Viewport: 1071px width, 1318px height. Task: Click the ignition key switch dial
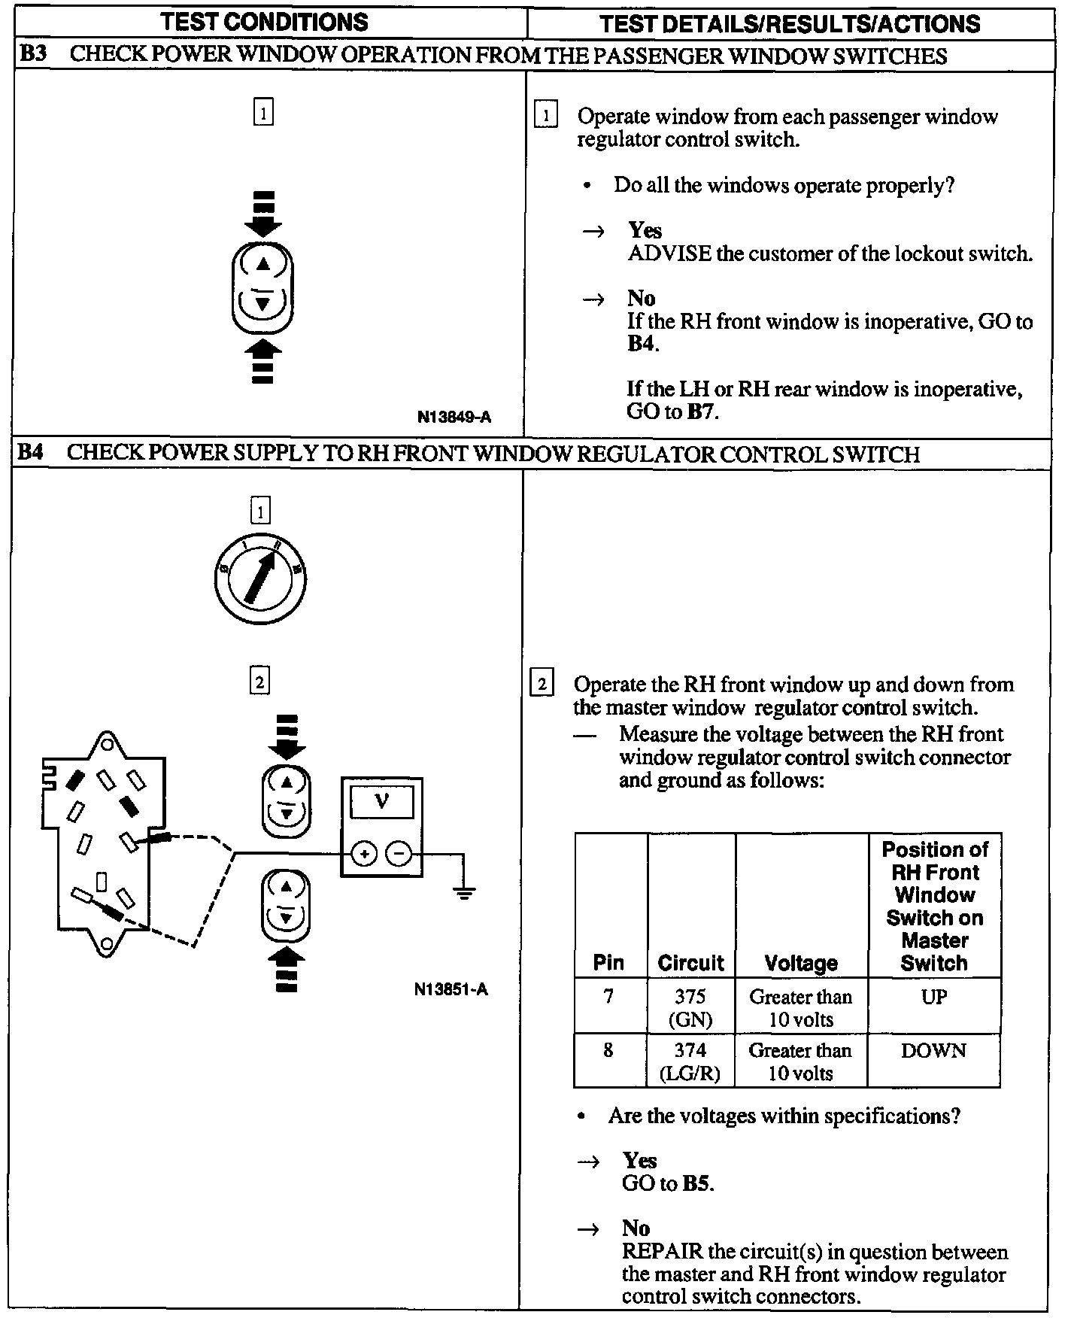(259, 579)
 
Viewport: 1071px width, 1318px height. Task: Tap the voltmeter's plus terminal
(364, 854)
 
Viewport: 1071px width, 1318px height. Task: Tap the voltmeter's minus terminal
(399, 854)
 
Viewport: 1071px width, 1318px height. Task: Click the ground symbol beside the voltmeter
(465, 893)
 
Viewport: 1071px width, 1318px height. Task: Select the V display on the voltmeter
(381, 802)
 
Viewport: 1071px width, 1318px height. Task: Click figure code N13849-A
(454, 417)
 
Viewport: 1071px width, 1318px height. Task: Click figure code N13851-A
(451, 989)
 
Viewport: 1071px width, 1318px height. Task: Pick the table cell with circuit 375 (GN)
(690, 1007)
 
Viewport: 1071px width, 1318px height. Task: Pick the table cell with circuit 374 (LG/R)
(690, 1061)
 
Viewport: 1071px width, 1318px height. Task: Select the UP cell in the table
(934, 998)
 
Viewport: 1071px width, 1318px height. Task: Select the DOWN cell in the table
(933, 1051)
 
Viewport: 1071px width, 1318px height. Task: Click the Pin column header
(608, 963)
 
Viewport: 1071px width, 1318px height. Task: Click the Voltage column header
(801, 963)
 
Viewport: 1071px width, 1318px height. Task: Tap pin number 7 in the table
(608, 998)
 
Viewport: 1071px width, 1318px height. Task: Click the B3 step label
(32, 55)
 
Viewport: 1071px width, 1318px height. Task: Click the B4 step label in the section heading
(31, 454)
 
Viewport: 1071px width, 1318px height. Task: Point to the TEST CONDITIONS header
(265, 23)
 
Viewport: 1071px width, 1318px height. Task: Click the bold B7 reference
(701, 412)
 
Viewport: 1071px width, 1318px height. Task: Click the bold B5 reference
(696, 1183)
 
